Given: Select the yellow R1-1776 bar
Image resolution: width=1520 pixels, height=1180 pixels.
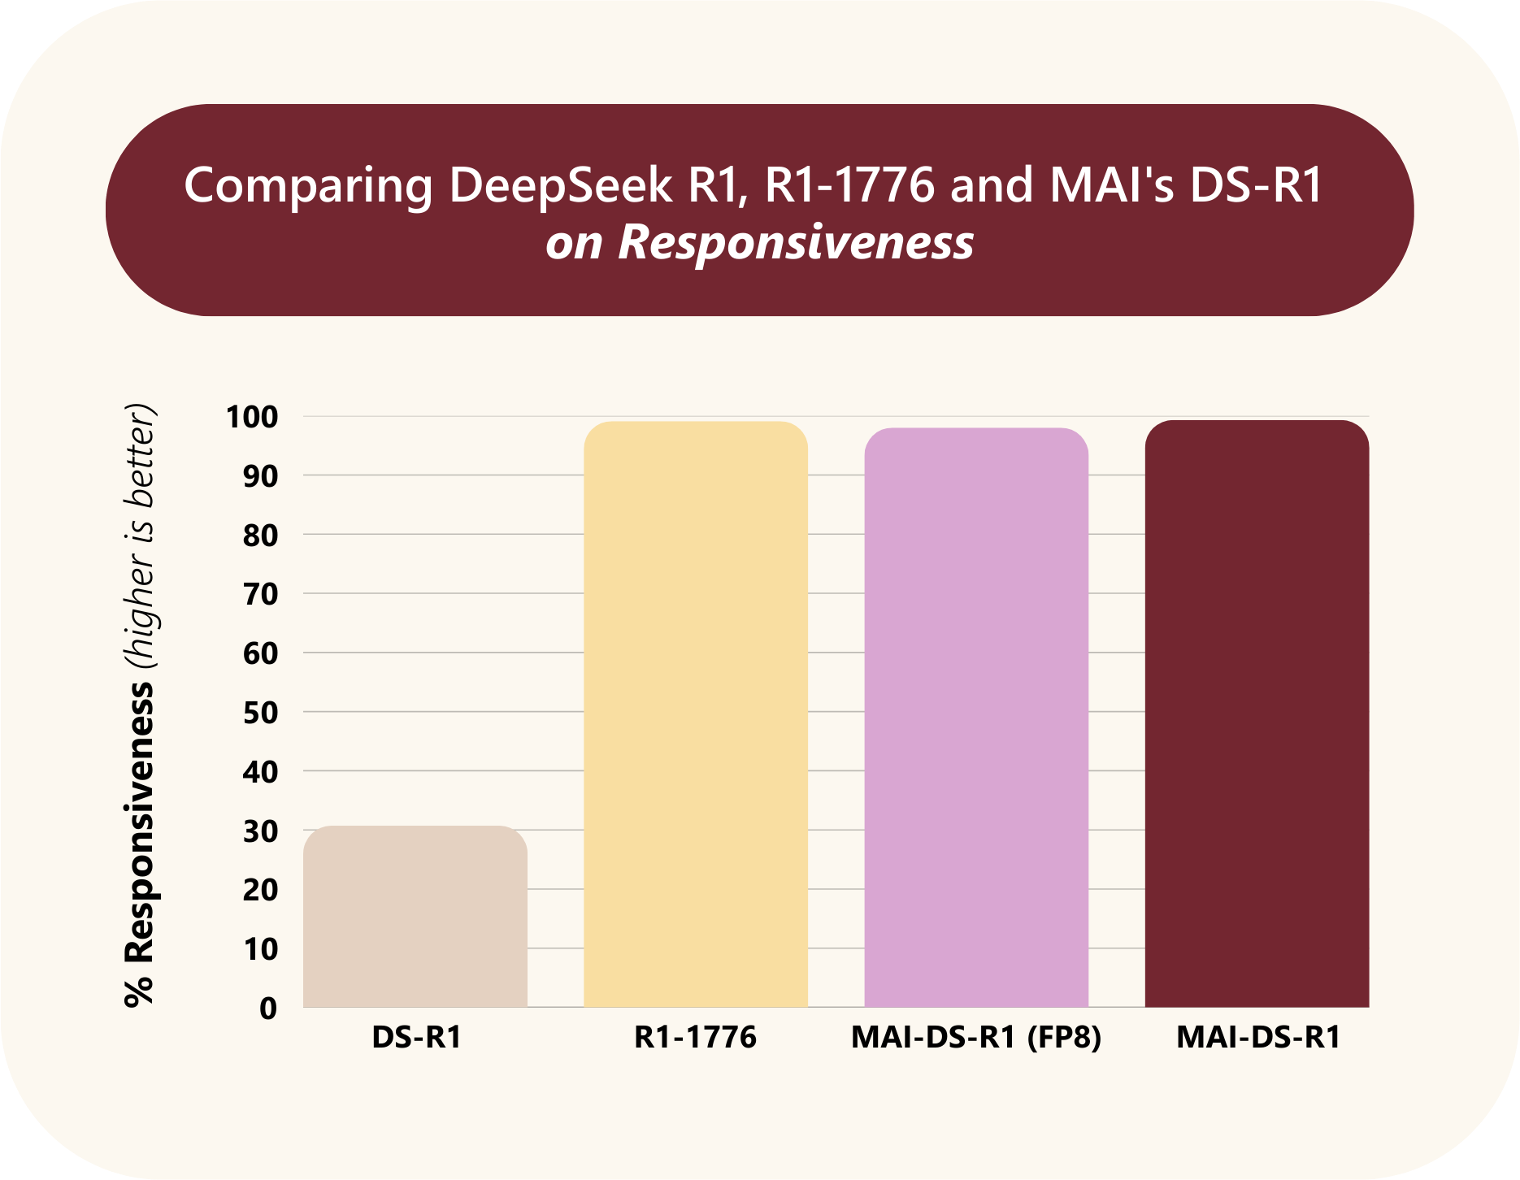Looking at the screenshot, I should (x=696, y=714).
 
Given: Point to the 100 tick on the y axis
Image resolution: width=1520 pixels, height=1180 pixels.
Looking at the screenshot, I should (x=252, y=417).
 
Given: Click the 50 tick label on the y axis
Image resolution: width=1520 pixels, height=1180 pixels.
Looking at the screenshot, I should (x=260, y=713).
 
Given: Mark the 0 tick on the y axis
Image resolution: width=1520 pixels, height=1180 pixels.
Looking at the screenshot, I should (x=268, y=1009).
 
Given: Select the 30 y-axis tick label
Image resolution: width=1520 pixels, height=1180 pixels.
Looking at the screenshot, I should (x=260, y=831).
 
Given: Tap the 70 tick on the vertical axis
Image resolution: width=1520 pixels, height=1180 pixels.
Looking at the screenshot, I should (x=260, y=594).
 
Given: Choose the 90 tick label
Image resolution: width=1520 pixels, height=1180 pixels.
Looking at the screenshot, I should (x=260, y=476).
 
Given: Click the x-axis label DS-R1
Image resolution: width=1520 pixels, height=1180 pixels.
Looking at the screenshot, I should (x=416, y=1037).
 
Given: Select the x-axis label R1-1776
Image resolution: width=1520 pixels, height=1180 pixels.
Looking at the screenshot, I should (x=695, y=1037).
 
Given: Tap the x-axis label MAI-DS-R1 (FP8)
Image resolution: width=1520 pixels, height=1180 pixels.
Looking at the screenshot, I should (x=976, y=1037).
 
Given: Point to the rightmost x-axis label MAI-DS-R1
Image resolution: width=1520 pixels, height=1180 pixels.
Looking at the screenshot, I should (x=1257, y=1037).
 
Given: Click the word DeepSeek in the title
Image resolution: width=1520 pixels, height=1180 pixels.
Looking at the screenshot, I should (x=561, y=184).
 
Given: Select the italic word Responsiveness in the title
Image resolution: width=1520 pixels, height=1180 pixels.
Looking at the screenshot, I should (x=795, y=241).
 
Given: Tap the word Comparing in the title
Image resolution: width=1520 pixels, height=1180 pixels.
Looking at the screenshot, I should (x=309, y=186).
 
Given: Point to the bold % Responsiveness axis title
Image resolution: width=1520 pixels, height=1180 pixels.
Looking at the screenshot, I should (x=139, y=845).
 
